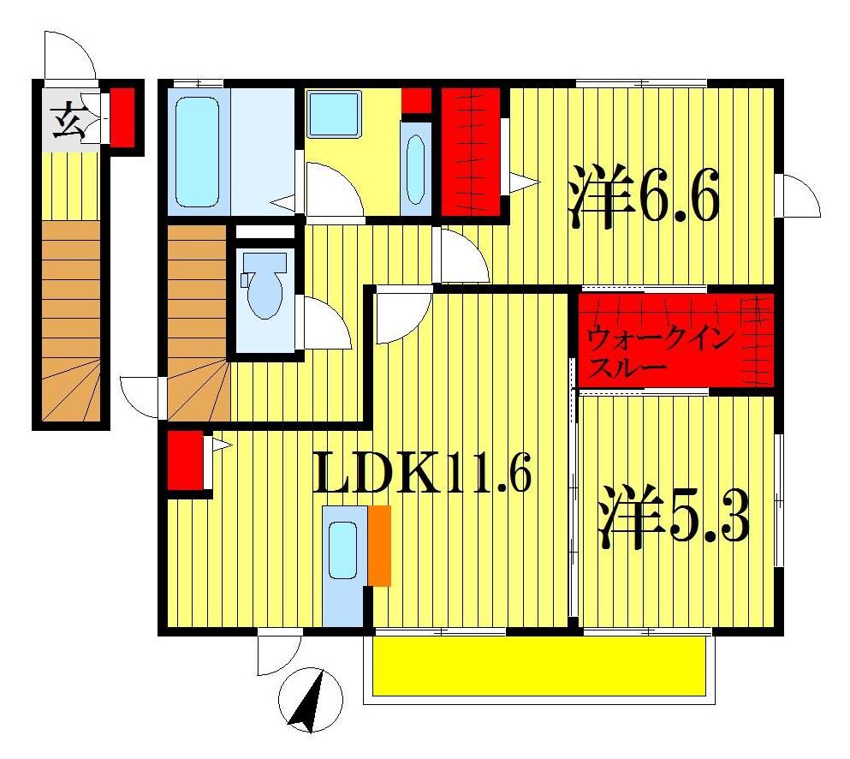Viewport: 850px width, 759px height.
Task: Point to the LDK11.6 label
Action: [423, 474]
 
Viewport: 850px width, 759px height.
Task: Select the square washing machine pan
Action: [335, 113]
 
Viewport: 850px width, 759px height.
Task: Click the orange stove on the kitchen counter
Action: [379, 546]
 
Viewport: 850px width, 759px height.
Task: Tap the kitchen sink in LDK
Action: [343, 548]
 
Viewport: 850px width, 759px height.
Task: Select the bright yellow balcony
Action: [538, 666]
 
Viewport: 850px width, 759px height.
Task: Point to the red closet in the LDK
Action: [184, 461]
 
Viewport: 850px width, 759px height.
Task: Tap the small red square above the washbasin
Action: [416, 99]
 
